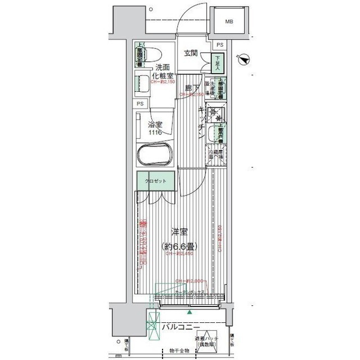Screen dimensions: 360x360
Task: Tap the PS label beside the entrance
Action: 219,44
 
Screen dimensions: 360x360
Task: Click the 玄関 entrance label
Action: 191,53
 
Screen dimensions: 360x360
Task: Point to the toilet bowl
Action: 153,55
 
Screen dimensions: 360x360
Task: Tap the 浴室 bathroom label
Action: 155,124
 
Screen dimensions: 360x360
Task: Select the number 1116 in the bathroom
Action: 155,132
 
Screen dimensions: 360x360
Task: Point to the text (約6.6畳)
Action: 179,246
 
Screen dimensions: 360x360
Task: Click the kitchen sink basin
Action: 213,134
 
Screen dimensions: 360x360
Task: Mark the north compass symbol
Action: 244,58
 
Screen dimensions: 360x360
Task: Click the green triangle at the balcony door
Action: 190,312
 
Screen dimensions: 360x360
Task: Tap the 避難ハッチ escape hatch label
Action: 208,339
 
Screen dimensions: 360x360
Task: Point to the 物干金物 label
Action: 179,351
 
